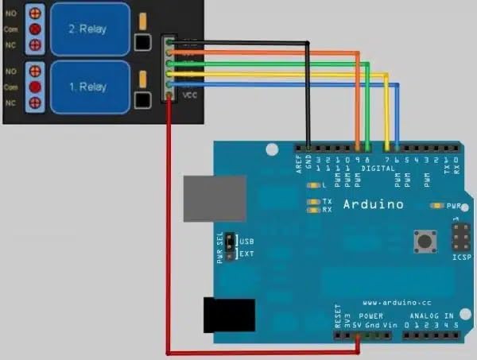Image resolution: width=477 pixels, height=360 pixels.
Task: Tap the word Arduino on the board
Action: click(x=373, y=205)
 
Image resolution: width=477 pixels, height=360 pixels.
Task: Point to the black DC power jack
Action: click(x=228, y=315)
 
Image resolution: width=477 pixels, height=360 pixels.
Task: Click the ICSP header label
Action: click(x=461, y=257)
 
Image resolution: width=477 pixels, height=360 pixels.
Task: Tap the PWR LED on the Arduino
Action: click(x=436, y=206)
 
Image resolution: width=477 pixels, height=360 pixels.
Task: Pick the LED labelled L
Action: click(x=311, y=185)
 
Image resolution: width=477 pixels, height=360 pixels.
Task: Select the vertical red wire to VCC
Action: click(x=169, y=230)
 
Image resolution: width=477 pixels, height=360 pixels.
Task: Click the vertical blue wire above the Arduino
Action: click(x=397, y=115)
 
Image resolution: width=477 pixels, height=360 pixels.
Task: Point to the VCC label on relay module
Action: click(x=189, y=95)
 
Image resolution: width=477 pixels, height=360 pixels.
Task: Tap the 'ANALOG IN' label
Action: click(x=433, y=316)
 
